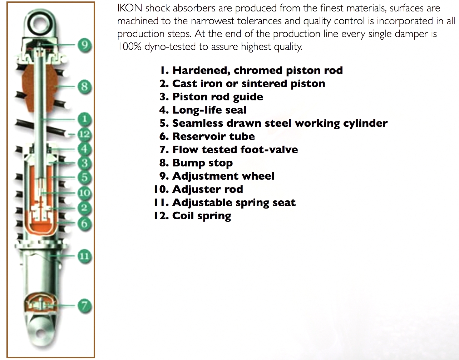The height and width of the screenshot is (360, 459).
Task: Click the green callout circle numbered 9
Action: tap(84, 45)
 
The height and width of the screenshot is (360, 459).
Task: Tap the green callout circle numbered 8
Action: tap(84, 86)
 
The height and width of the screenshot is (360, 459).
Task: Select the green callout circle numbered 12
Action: tap(84, 134)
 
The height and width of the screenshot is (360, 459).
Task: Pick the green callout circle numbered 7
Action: tap(84, 306)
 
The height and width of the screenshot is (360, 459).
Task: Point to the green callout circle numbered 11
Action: tap(84, 256)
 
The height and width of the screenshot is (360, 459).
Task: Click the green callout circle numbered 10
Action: tap(84, 192)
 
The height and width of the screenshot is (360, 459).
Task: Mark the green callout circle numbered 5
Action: tap(84, 177)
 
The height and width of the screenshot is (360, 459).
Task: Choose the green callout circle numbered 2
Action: tap(84, 208)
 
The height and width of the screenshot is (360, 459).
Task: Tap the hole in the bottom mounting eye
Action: tap(40, 334)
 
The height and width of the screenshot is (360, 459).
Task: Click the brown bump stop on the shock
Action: tap(40, 89)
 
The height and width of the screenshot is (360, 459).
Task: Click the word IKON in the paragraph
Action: tap(130, 8)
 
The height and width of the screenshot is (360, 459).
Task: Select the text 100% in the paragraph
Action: tap(129, 46)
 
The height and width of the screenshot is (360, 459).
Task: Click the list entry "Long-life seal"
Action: tap(203, 110)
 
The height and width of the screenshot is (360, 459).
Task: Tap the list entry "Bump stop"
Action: tap(196, 163)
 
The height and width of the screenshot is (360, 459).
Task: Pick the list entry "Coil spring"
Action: tap(193, 216)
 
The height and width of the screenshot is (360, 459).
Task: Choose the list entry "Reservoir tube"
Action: tap(207, 136)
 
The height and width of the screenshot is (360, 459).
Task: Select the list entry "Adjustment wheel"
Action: tap(217, 176)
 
